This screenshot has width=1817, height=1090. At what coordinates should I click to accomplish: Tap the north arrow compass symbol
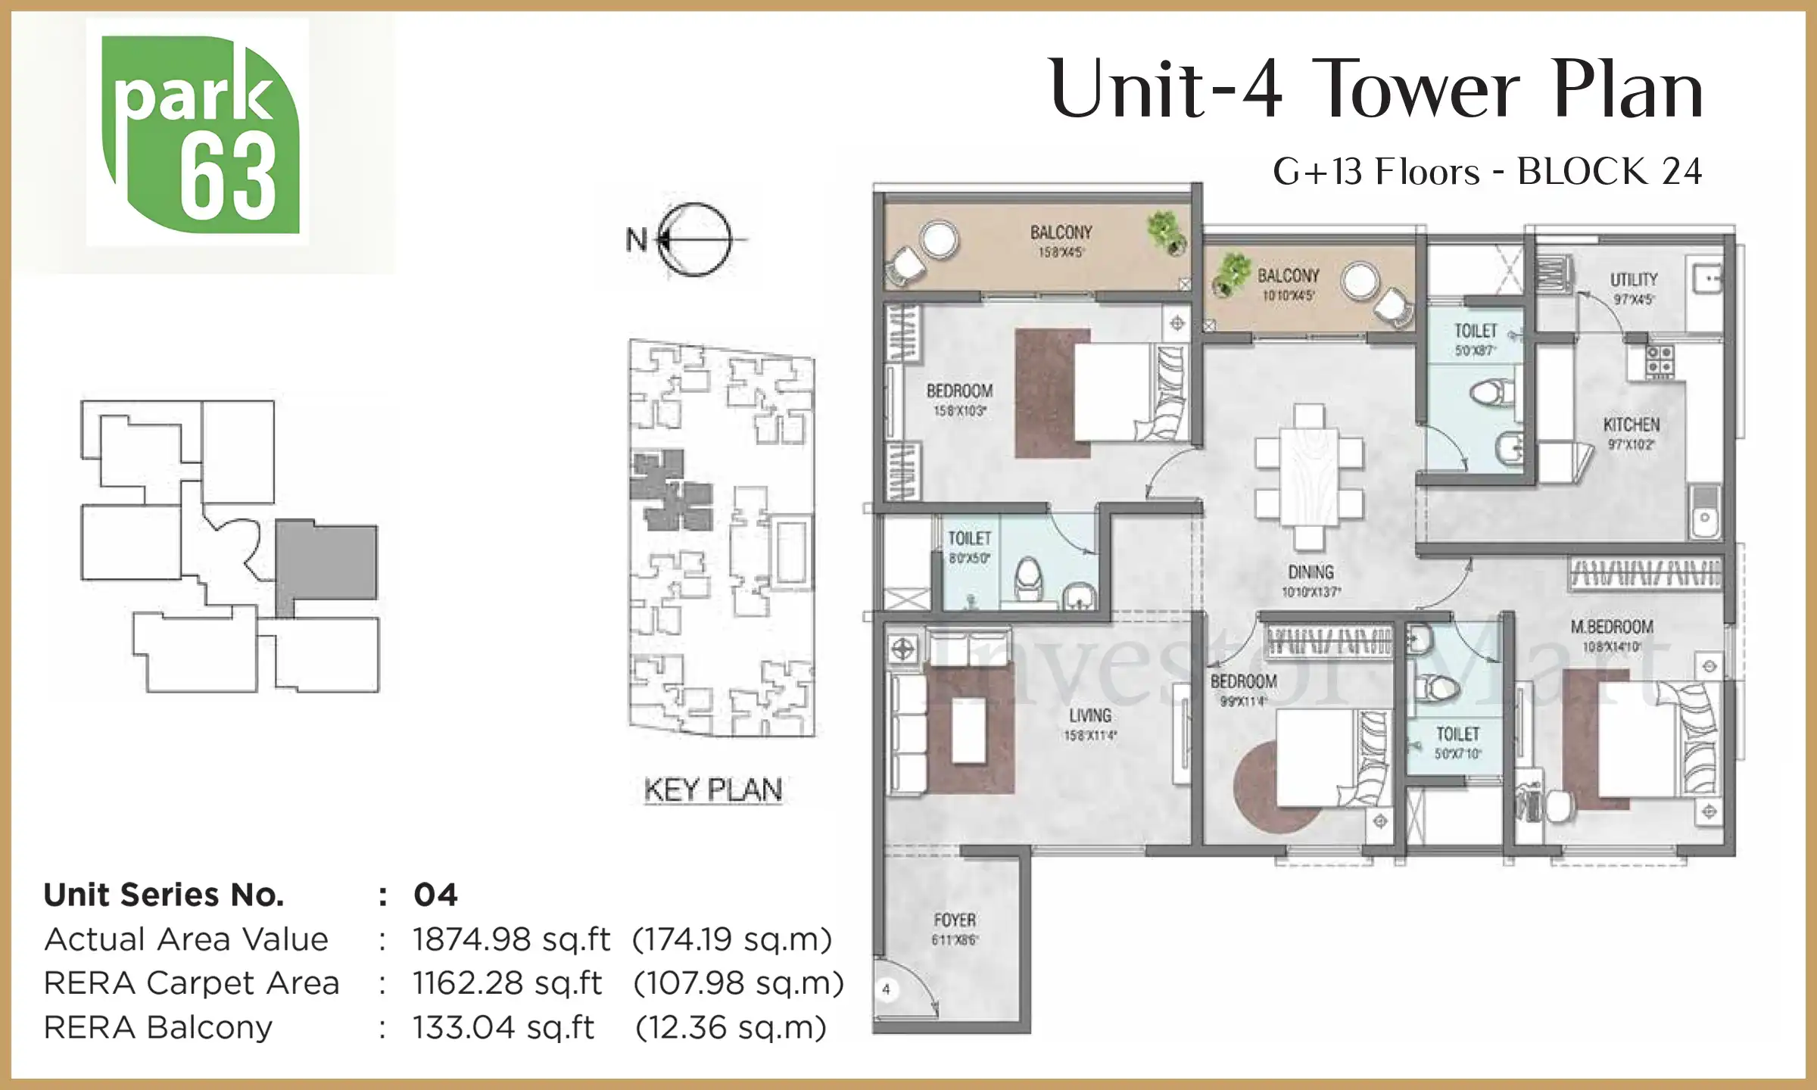click(693, 239)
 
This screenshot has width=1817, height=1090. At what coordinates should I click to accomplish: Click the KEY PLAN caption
click(712, 790)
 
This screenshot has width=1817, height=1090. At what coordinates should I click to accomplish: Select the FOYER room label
click(955, 920)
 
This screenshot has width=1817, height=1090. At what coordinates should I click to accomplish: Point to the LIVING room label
click(1090, 715)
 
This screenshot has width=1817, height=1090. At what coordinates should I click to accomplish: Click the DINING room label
click(1311, 572)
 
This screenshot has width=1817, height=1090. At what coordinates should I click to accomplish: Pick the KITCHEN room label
click(1631, 425)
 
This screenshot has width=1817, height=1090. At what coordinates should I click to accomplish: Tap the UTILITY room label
click(1633, 279)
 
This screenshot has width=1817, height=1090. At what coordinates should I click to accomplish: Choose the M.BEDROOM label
click(1611, 627)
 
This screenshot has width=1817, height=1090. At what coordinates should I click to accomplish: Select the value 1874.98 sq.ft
click(511, 939)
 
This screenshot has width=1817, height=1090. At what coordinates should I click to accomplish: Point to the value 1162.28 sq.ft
click(506, 983)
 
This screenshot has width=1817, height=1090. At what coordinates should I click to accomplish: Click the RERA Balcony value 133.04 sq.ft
click(503, 1027)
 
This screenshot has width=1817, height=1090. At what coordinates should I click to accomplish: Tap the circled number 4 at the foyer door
click(886, 989)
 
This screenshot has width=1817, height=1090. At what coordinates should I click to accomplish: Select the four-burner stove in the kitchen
click(1660, 360)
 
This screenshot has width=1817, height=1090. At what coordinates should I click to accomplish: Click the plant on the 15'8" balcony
click(1166, 231)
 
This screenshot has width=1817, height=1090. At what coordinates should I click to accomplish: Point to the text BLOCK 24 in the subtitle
click(1610, 172)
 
